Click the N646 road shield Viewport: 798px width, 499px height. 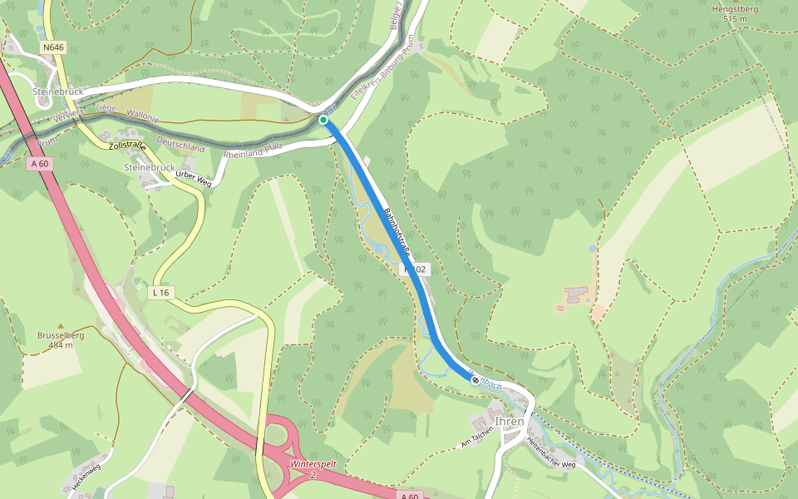[x=53, y=47]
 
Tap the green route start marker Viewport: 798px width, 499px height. [x=323, y=120]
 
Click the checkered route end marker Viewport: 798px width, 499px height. [x=475, y=380]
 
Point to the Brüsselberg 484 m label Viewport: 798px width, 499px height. [x=61, y=340]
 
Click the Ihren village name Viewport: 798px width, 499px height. [x=510, y=422]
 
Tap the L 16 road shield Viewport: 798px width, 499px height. [x=161, y=293]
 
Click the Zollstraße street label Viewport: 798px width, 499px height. [x=126, y=147]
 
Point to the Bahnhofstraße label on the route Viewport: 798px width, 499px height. [x=397, y=230]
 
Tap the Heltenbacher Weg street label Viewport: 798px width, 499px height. [x=551, y=452]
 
